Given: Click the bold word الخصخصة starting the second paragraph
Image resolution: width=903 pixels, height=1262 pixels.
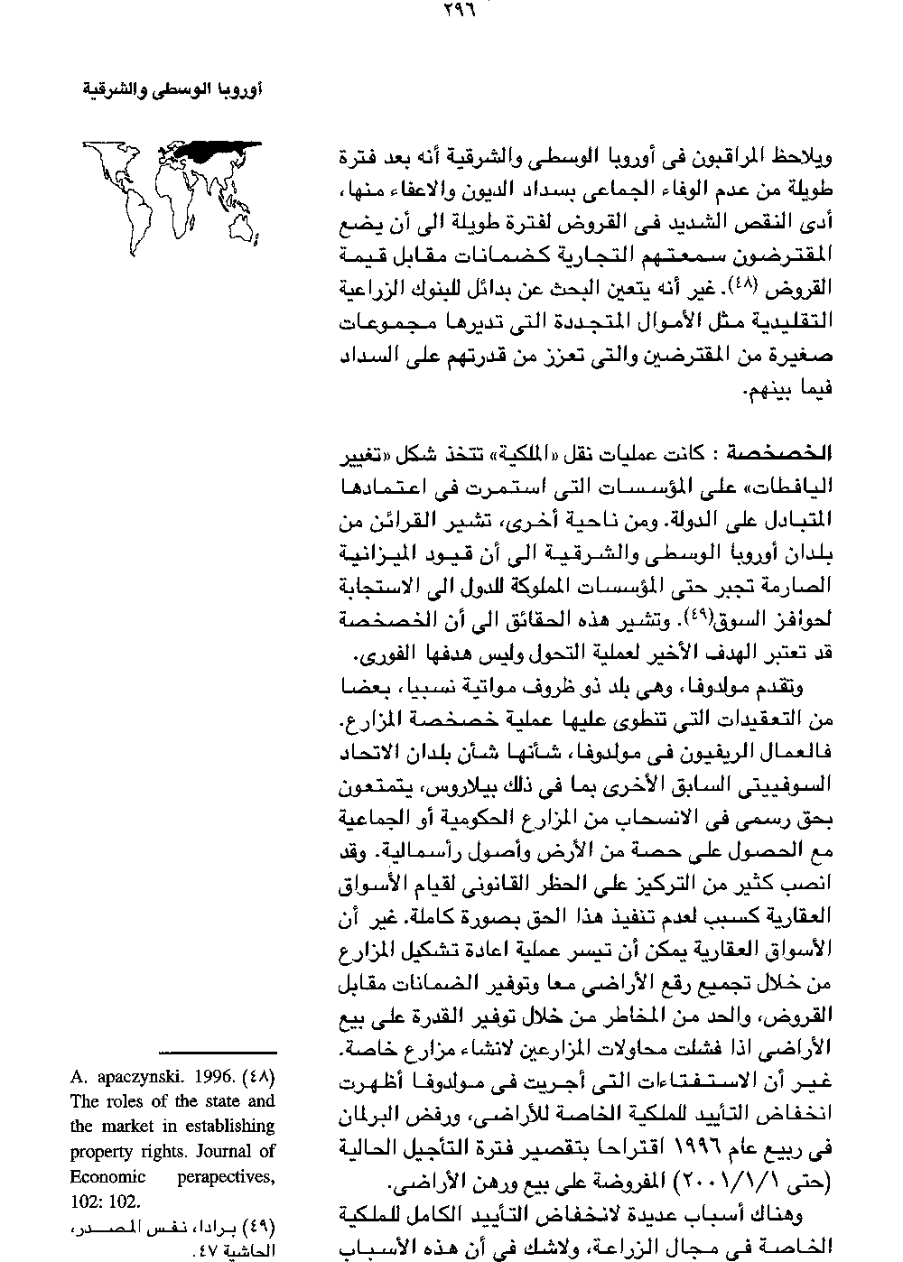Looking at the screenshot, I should click(x=790, y=451).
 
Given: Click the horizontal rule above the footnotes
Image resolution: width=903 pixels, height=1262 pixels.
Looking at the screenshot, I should click(x=217, y=1053).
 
